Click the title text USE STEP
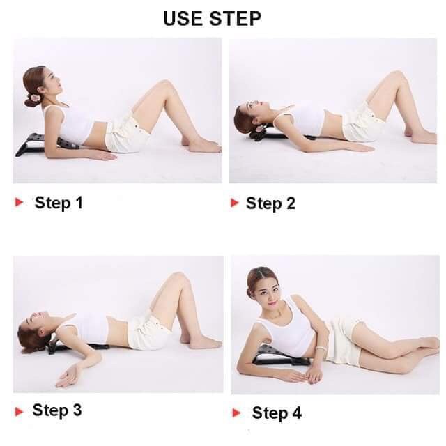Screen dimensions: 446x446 212,19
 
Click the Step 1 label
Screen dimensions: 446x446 59,203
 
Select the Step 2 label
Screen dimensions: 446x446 270,203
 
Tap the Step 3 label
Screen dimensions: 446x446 57,410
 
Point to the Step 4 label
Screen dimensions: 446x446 277,413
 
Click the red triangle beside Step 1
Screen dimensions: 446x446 20,203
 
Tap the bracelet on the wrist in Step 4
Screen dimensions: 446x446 321,348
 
